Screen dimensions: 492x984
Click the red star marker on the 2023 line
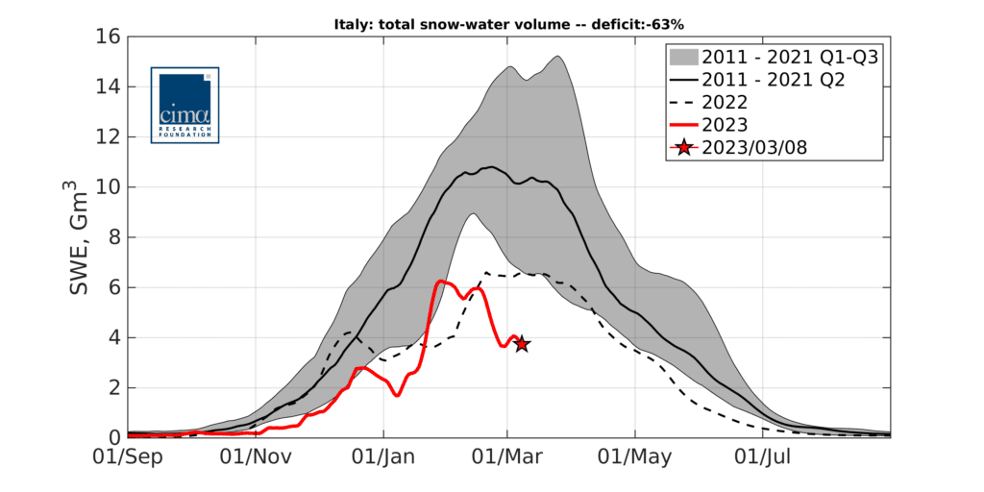point(522,344)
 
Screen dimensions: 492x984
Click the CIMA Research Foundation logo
point(184,105)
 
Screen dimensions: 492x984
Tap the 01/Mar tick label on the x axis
point(507,458)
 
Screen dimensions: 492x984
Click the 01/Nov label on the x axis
point(256,458)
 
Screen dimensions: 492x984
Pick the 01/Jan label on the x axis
point(383,458)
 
